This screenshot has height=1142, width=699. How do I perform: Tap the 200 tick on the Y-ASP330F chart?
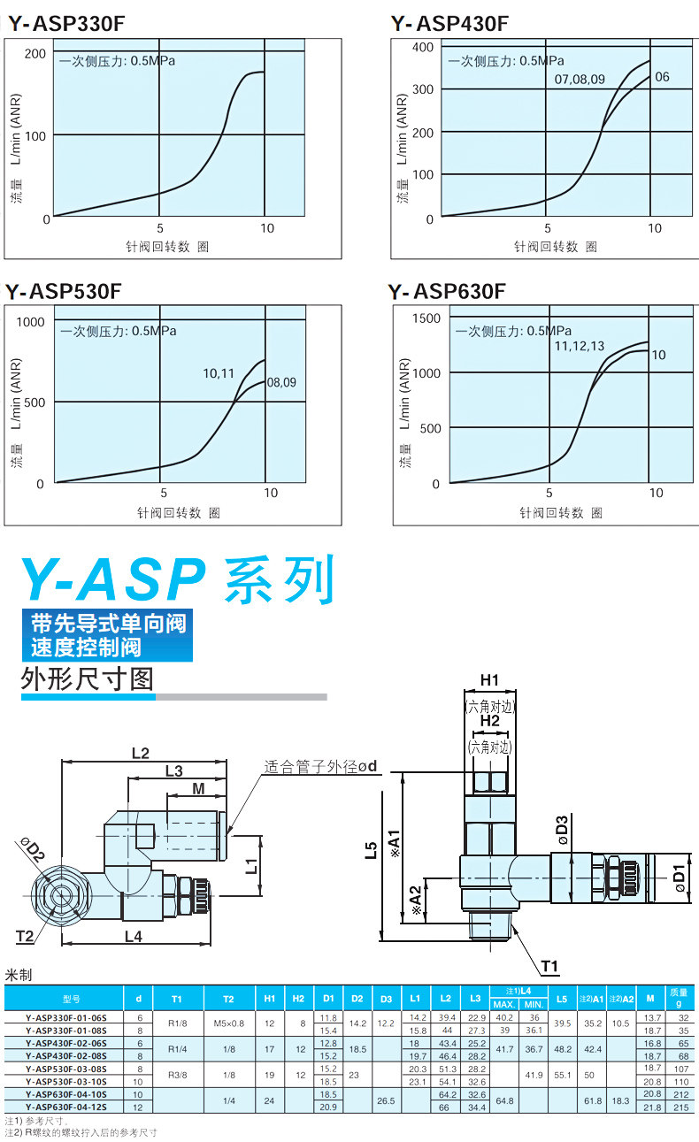(35, 53)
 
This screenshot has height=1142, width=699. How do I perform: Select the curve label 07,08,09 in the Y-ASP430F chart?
(580, 79)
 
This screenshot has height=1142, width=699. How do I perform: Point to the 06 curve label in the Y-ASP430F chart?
(662, 77)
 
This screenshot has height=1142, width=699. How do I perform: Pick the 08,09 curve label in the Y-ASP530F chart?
(281, 383)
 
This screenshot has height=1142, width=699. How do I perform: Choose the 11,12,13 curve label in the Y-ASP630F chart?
(580, 346)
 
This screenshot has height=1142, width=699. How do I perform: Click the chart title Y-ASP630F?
(447, 291)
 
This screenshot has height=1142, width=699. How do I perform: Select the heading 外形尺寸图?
(87, 678)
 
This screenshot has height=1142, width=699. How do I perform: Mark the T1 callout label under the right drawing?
(549, 964)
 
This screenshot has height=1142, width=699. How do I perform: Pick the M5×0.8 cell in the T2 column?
(228, 1024)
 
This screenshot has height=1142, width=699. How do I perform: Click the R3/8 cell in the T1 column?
(177, 1075)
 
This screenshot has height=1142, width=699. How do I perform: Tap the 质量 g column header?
(679, 998)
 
